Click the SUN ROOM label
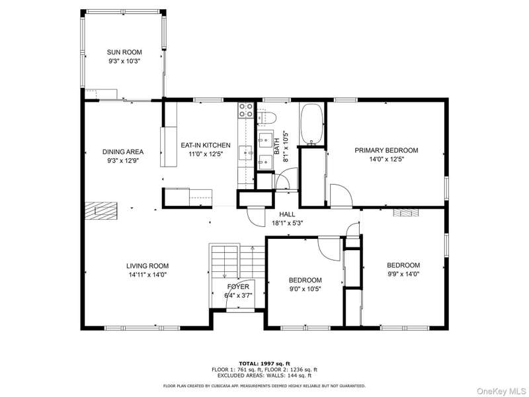coord(124,52)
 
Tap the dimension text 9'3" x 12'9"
coord(123,161)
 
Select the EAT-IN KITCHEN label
coord(206,145)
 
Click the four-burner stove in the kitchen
coord(245,110)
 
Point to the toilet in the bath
coord(266,118)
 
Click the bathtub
coord(311,124)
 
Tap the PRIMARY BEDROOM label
coord(386,150)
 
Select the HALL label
coord(287,214)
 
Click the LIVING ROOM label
coord(147,266)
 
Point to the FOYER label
coord(238,287)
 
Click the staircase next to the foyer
coord(237,261)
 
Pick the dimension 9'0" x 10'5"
coord(305,289)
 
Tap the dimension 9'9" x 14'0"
coord(403,274)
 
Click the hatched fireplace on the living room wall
coord(101,211)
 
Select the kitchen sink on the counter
coord(246,153)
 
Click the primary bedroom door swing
coord(341,195)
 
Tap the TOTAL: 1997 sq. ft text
coord(264,363)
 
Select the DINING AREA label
coord(123,152)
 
